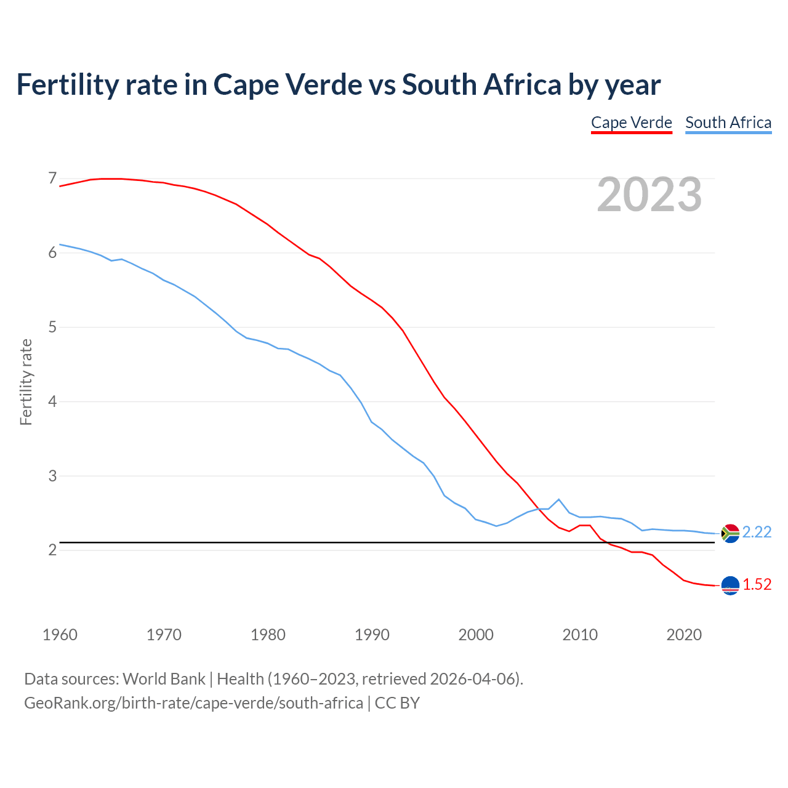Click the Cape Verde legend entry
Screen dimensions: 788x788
[631, 123]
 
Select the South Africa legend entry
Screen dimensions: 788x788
[728, 123]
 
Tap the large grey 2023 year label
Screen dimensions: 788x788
[649, 195]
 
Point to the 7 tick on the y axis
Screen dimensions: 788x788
[52, 179]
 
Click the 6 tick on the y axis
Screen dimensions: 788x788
[52, 253]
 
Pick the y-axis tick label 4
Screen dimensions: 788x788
[52, 401]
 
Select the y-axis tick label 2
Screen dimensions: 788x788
[52, 550]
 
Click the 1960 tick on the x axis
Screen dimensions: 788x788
[60, 635]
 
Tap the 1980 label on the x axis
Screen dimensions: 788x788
[268, 635]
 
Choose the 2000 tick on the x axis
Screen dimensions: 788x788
[476, 635]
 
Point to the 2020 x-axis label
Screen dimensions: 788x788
[684, 635]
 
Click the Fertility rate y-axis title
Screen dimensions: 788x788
[26, 382]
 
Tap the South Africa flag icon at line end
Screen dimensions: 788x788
[730, 533]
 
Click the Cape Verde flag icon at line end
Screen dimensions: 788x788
[730, 585]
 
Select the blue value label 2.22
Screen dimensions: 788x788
[757, 532]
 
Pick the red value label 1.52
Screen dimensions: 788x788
[757, 584]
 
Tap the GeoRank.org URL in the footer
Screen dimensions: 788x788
[193, 702]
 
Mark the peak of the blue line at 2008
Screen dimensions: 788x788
[558, 499]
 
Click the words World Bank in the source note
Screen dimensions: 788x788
[164, 679]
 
